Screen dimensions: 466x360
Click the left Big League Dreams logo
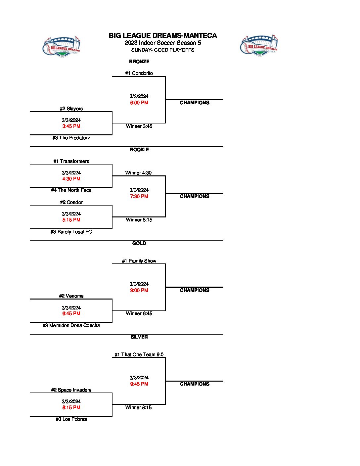(x=62, y=47)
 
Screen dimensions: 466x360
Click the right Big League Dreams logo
(x=259, y=45)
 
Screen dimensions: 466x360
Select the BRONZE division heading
(x=139, y=62)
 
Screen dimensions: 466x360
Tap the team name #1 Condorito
(x=139, y=73)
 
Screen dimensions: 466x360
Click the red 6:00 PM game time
(x=139, y=103)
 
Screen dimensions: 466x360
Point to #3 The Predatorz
(x=71, y=138)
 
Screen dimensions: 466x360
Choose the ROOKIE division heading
(x=139, y=150)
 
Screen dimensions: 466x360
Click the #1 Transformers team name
(x=71, y=161)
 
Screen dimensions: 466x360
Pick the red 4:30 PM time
(x=71, y=179)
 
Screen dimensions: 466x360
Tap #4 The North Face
(x=71, y=190)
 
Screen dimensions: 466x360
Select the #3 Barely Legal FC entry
(x=71, y=232)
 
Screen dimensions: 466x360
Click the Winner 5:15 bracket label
(x=139, y=220)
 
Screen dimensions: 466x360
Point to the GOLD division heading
(x=139, y=243)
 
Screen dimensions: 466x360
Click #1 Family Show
(x=139, y=261)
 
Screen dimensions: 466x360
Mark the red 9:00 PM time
(x=139, y=290)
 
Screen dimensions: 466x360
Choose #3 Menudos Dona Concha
(x=71, y=325)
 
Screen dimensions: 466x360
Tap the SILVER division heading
(x=139, y=337)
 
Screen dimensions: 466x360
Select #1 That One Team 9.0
(x=139, y=354)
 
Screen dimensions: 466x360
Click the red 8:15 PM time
(x=71, y=407)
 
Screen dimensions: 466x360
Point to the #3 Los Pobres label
(x=71, y=419)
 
